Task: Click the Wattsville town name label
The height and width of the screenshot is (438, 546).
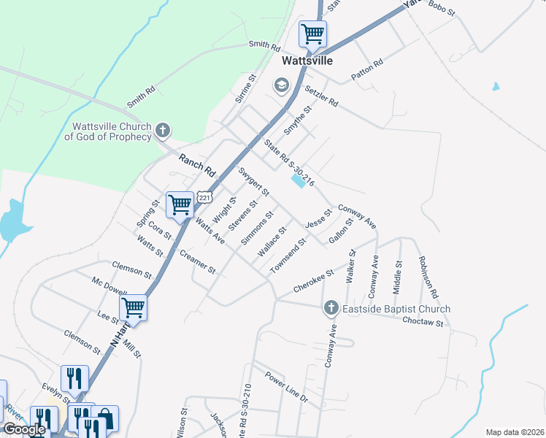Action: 307,61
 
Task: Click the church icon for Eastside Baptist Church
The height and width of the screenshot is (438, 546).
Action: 331,309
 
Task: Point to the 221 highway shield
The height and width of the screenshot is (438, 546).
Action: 205,198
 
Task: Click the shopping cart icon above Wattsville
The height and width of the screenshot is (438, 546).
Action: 312,33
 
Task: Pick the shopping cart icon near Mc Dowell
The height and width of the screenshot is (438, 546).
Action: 134,307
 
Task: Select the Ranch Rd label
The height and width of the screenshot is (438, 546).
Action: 198,165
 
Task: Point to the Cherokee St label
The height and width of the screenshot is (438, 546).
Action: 313,280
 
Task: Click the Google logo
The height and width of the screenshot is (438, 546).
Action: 23,429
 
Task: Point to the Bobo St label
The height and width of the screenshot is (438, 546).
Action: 442,9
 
